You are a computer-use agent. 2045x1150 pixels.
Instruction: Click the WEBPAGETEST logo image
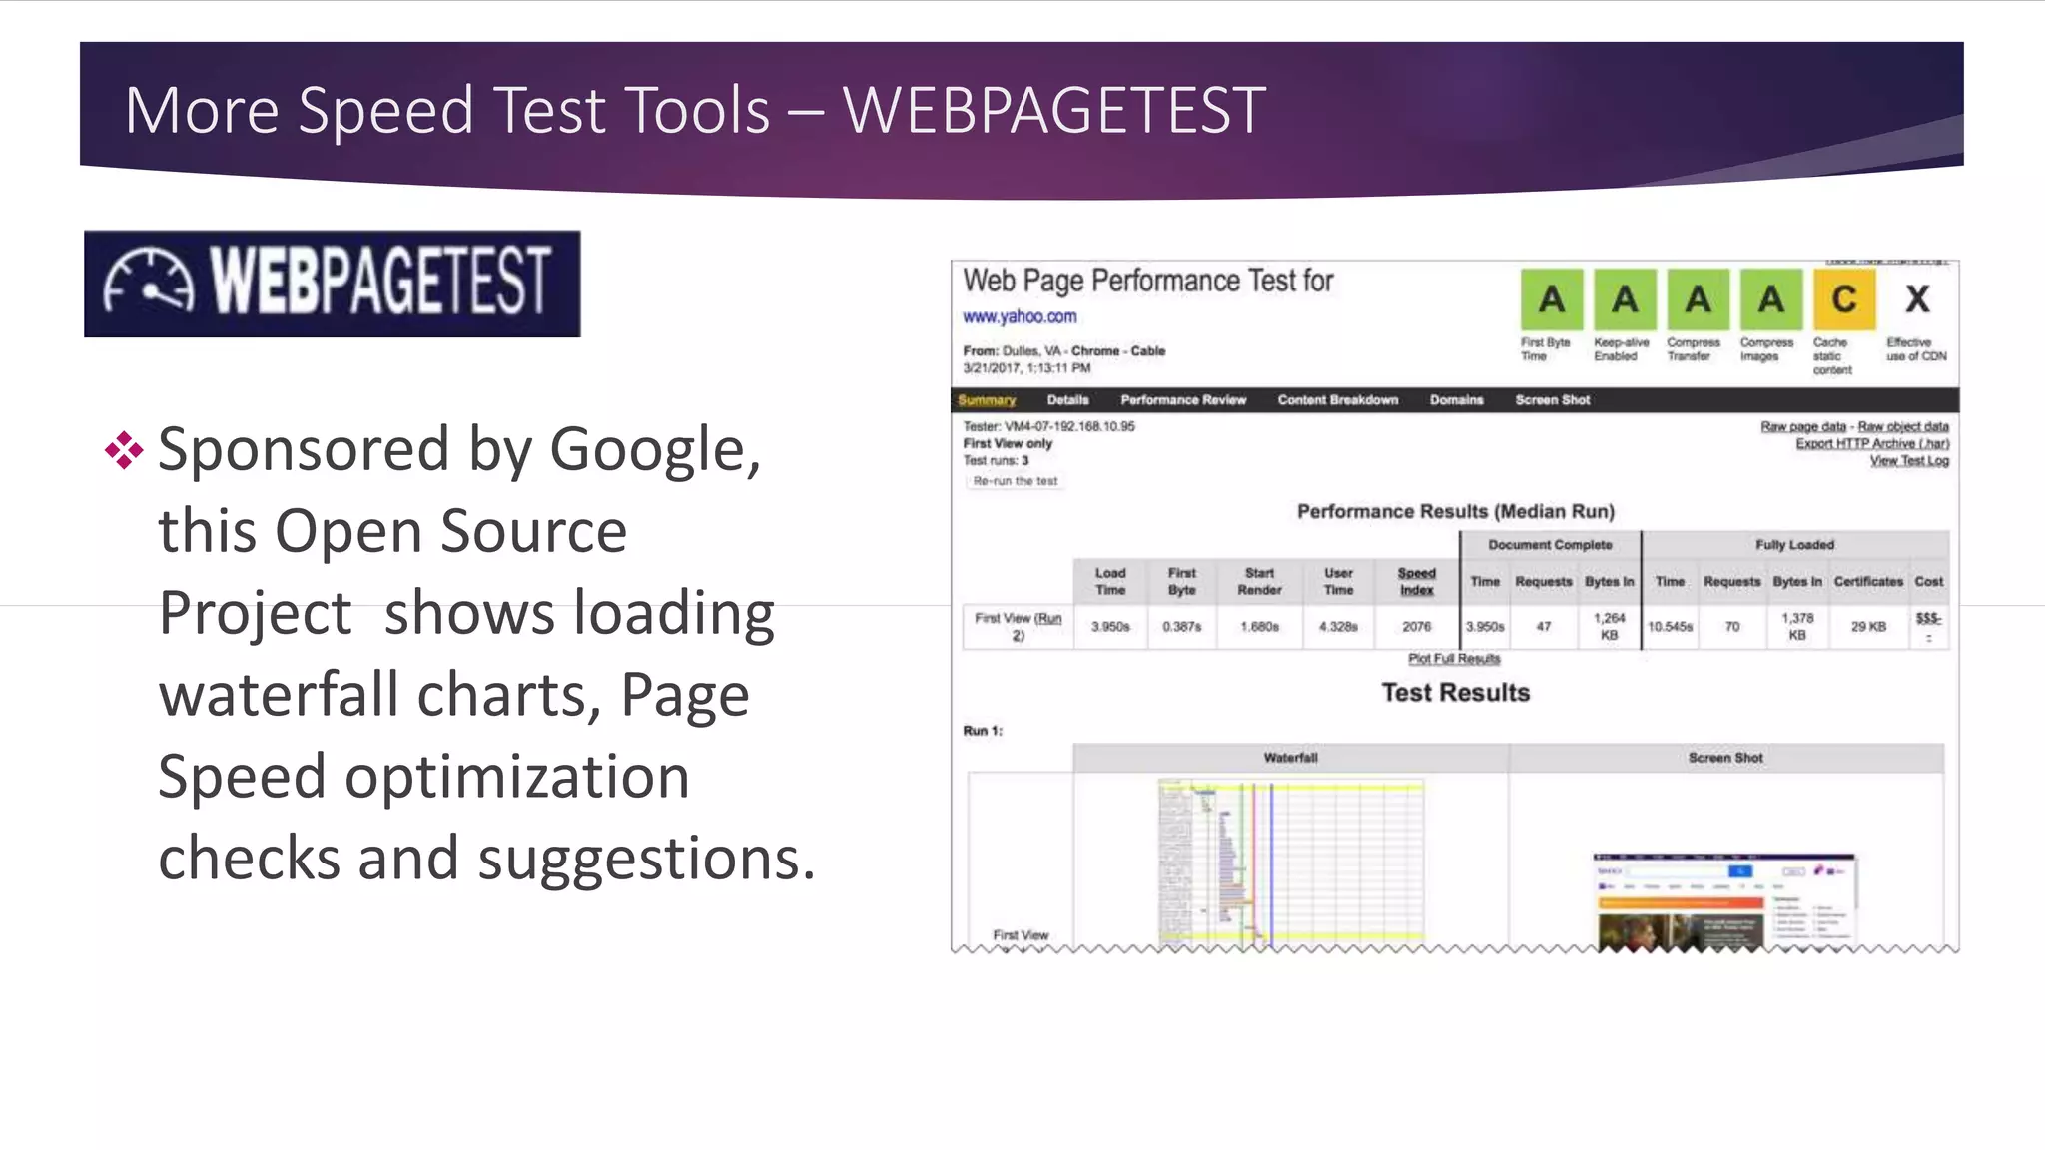[332, 284]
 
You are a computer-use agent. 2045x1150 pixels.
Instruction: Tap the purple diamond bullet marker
[124, 450]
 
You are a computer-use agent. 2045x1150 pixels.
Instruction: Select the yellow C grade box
[1843, 299]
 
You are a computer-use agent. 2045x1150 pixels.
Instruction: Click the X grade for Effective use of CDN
[1917, 299]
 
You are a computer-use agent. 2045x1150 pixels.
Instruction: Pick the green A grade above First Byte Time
[1551, 299]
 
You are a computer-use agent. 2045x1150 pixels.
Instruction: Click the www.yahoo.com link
[1020, 317]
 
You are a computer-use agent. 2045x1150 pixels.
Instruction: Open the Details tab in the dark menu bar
[1067, 400]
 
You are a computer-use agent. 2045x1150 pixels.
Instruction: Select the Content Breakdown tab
[1337, 400]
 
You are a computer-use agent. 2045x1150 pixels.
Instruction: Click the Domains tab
[1456, 400]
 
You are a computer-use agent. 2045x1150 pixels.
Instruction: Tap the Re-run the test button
[1015, 481]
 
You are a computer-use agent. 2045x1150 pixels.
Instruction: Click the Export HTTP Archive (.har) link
[1871, 444]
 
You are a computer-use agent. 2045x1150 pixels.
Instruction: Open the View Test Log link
[1908, 461]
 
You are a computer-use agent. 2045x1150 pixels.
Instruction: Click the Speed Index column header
[1416, 581]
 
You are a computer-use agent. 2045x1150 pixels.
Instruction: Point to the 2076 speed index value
[1416, 627]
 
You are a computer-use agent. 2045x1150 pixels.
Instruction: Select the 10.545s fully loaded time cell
[1670, 627]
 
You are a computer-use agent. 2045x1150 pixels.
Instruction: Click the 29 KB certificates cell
[1867, 627]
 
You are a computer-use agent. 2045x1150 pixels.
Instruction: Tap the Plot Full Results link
[1454, 659]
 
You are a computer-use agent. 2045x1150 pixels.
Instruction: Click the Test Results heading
[1455, 693]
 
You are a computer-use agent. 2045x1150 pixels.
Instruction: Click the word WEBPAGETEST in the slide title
[1053, 110]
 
